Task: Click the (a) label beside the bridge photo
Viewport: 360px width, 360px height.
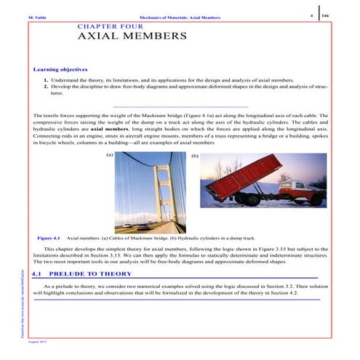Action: click(x=109, y=155)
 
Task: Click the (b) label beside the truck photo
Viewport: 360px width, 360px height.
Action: click(x=193, y=156)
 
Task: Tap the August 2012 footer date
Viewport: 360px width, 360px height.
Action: click(x=38, y=341)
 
